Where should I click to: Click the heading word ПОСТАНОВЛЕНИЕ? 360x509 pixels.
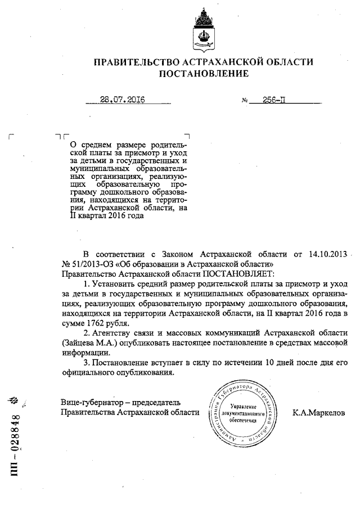tap(203, 73)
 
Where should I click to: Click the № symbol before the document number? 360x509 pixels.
tap(245, 101)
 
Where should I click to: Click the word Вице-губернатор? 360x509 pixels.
tap(91, 402)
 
